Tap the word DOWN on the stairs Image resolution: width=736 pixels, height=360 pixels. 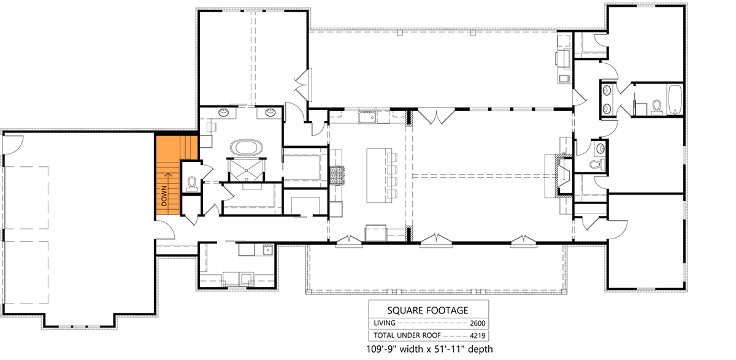(164, 194)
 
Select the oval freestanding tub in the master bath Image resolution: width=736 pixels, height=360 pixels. (247, 148)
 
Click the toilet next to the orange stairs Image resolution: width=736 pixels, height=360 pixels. (192, 183)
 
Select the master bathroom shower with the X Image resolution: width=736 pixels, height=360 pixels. (247, 169)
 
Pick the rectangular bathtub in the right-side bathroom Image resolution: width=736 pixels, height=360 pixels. (675, 101)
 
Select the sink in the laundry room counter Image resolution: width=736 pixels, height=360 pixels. (267, 250)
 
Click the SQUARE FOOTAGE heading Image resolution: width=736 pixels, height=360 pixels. (428, 310)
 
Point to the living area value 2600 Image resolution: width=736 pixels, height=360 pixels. (477, 323)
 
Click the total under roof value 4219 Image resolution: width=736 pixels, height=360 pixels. (477, 335)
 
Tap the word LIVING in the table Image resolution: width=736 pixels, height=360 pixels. (384, 323)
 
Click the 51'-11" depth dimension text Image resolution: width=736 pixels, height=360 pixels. (464, 350)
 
